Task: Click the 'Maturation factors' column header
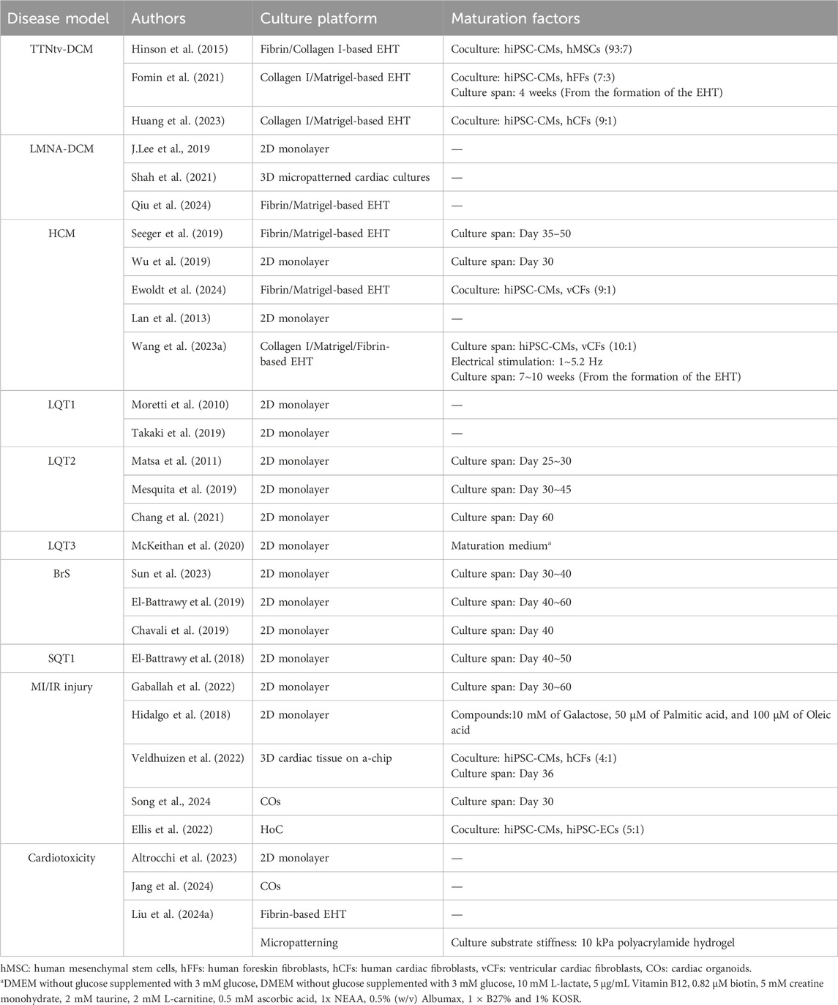coord(504,18)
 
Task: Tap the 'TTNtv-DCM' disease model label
coord(61,49)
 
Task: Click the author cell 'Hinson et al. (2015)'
coord(179,49)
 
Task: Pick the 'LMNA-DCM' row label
coord(61,149)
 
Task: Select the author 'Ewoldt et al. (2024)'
coord(179,290)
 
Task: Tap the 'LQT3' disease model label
coord(61,545)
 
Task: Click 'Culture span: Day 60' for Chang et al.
coord(502,518)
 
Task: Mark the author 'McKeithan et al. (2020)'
coord(187,545)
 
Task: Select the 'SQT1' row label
coord(61,659)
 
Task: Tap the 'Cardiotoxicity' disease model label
coord(61,857)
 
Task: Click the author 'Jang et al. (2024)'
coord(172,886)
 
